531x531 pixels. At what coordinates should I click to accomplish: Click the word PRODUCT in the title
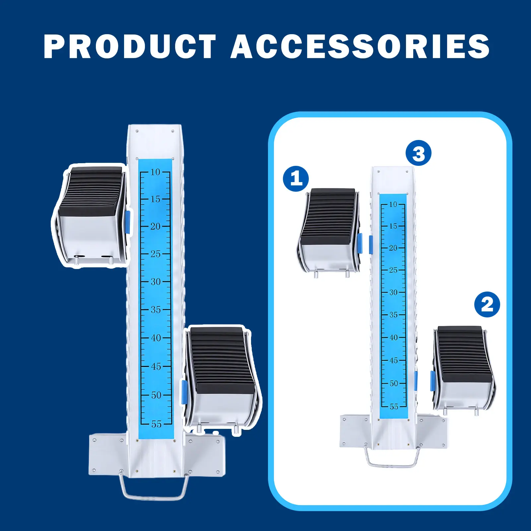pyautogui.click(x=130, y=46)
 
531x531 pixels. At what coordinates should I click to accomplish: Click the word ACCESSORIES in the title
pyautogui.click(x=360, y=46)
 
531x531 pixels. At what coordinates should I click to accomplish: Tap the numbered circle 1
pyautogui.click(x=296, y=179)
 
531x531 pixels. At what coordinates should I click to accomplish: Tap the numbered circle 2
pyautogui.click(x=487, y=304)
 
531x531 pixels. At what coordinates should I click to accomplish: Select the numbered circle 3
pyautogui.click(x=419, y=153)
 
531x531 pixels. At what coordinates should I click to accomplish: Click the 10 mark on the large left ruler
pyautogui.click(x=155, y=172)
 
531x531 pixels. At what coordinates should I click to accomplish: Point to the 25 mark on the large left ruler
pyautogui.click(x=155, y=254)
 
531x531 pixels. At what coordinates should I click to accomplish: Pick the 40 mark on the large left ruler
pyautogui.click(x=156, y=338)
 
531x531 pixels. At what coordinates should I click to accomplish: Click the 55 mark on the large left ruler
pyautogui.click(x=156, y=424)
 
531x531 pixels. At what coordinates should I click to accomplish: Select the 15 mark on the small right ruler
pyautogui.click(x=393, y=226)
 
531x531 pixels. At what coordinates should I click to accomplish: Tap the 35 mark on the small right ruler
pyautogui.click(x=393, y=314)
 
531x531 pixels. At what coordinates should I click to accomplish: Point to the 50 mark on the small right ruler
pyautogui.click(x=394, y=383)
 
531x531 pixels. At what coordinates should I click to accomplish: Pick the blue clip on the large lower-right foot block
pyautogui.click(x=184, y=392)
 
